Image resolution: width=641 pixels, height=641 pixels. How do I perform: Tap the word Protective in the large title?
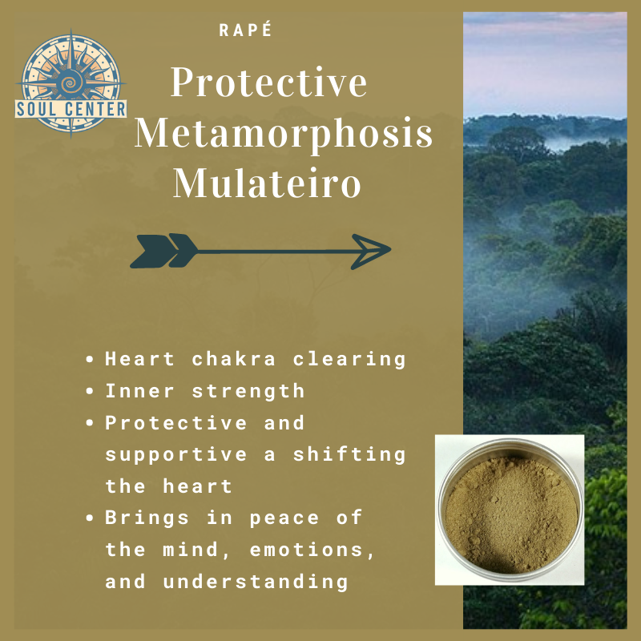point(269,84)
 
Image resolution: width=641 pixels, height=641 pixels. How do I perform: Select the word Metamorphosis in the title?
point(284,134)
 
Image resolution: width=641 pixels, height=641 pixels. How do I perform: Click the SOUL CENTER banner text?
point(70,107)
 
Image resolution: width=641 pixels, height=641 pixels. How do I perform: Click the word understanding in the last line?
point(256,582)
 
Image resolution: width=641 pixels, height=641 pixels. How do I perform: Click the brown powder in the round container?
point(510,511)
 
